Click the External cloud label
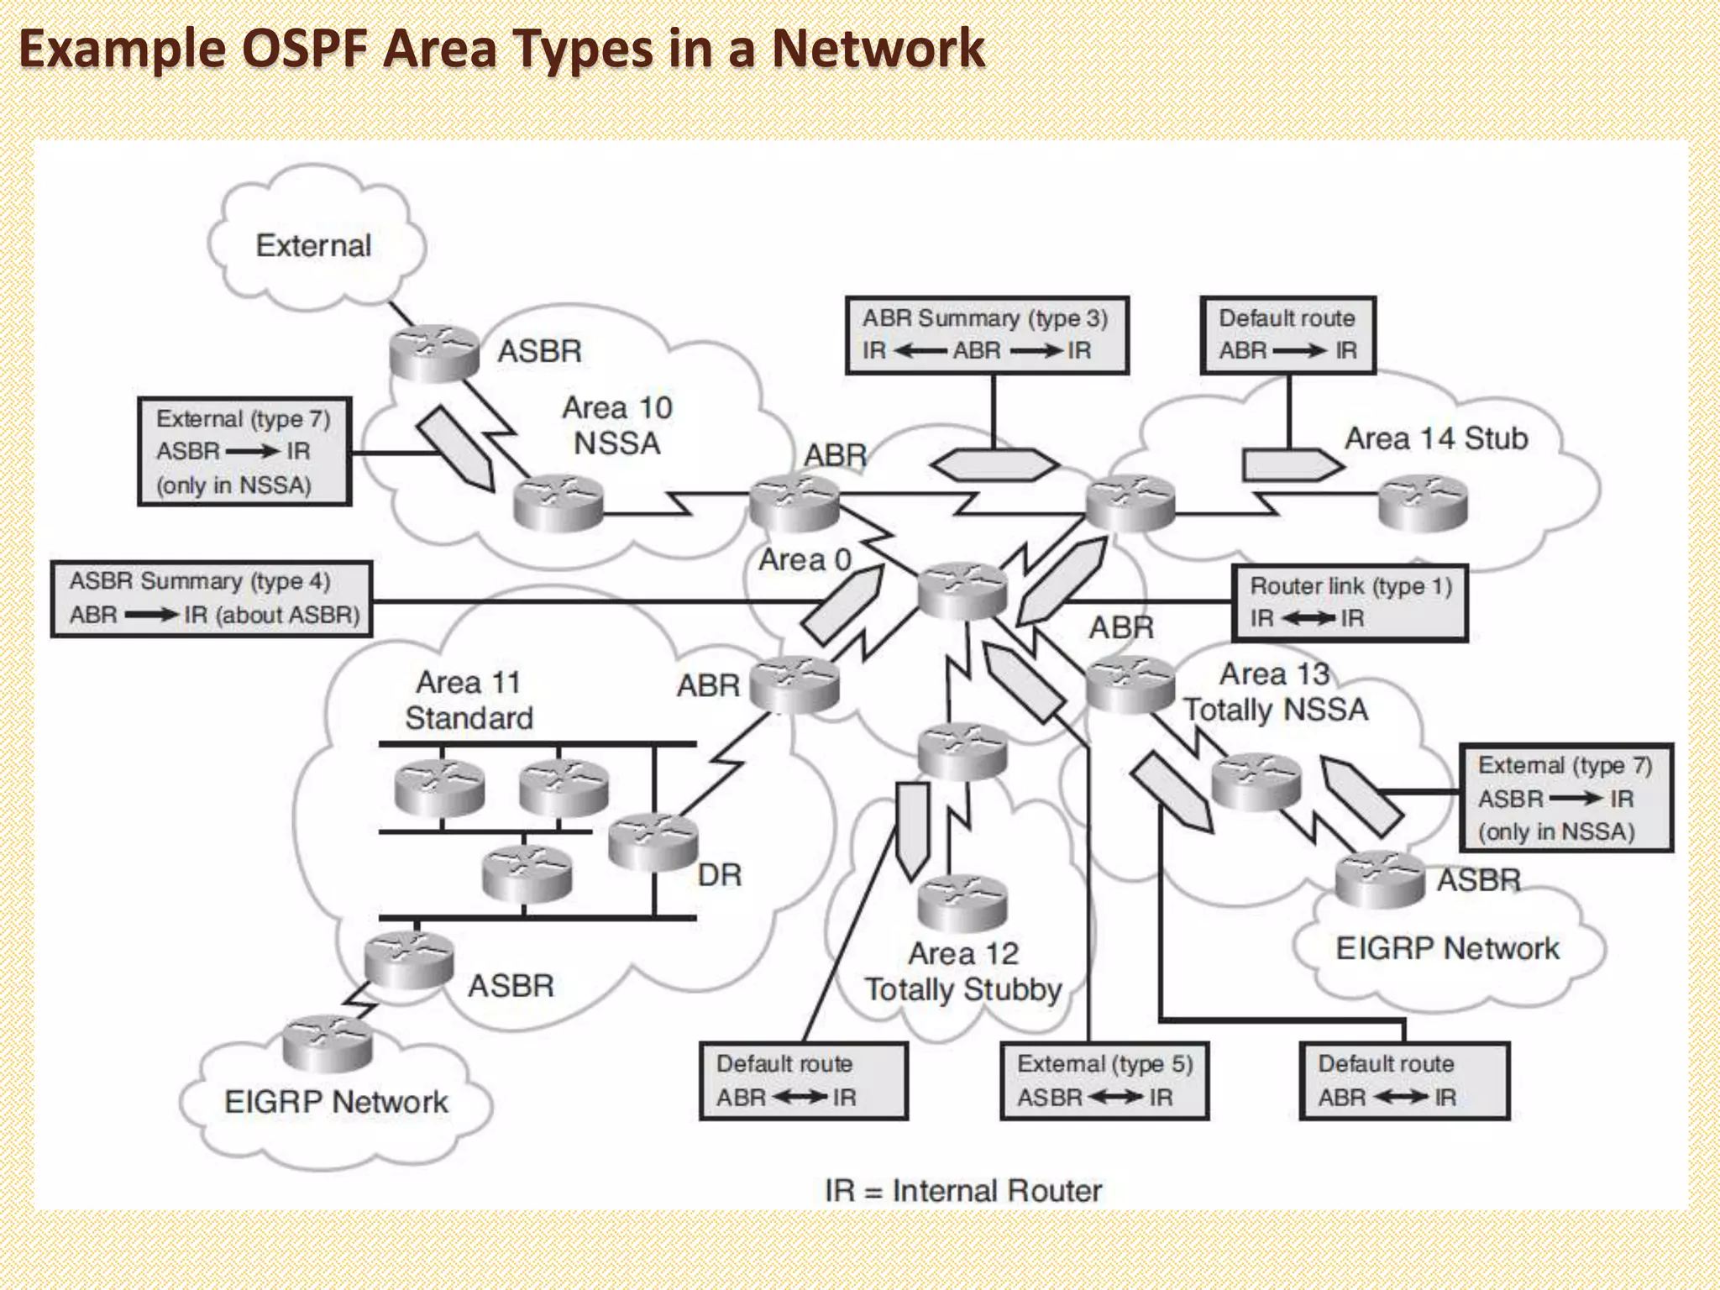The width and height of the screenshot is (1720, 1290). [313, 246]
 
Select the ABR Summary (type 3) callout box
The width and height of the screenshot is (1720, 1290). [986, 335]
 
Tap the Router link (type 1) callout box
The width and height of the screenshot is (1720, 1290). [1349, 603]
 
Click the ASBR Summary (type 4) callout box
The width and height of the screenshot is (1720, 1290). [212, 599]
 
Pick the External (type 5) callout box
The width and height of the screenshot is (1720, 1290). [1104, 1081]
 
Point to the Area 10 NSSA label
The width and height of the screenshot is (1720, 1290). [617, 426]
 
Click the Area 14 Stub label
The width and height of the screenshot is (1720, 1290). [1436, 438]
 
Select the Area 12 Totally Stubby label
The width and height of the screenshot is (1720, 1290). [963, 972]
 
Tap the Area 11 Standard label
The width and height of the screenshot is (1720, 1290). [469, 700]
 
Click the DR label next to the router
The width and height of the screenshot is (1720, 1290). [720, 875]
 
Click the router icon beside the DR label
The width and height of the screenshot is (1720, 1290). [653, 842]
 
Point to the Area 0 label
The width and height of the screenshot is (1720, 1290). [805, 560]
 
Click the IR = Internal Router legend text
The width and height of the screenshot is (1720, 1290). [962, 1190]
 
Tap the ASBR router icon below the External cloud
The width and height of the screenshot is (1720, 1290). [433, 353]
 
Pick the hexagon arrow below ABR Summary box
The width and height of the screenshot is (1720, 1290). [994, 464]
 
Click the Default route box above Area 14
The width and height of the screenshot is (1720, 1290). [1287, 335]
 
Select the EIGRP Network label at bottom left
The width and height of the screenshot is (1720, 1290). [336, 1102]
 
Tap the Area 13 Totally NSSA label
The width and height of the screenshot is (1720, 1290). [1275, 692]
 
